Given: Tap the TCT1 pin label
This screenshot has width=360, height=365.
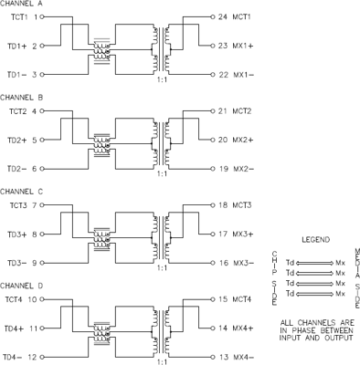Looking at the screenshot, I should (11, 17).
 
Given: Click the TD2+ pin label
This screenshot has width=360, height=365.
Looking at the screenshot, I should (12, 141).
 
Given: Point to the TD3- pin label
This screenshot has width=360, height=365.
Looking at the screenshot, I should (12, 263).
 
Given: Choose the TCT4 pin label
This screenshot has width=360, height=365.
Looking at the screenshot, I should (11, 298).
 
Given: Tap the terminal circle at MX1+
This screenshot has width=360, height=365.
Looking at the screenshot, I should (208, 46).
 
